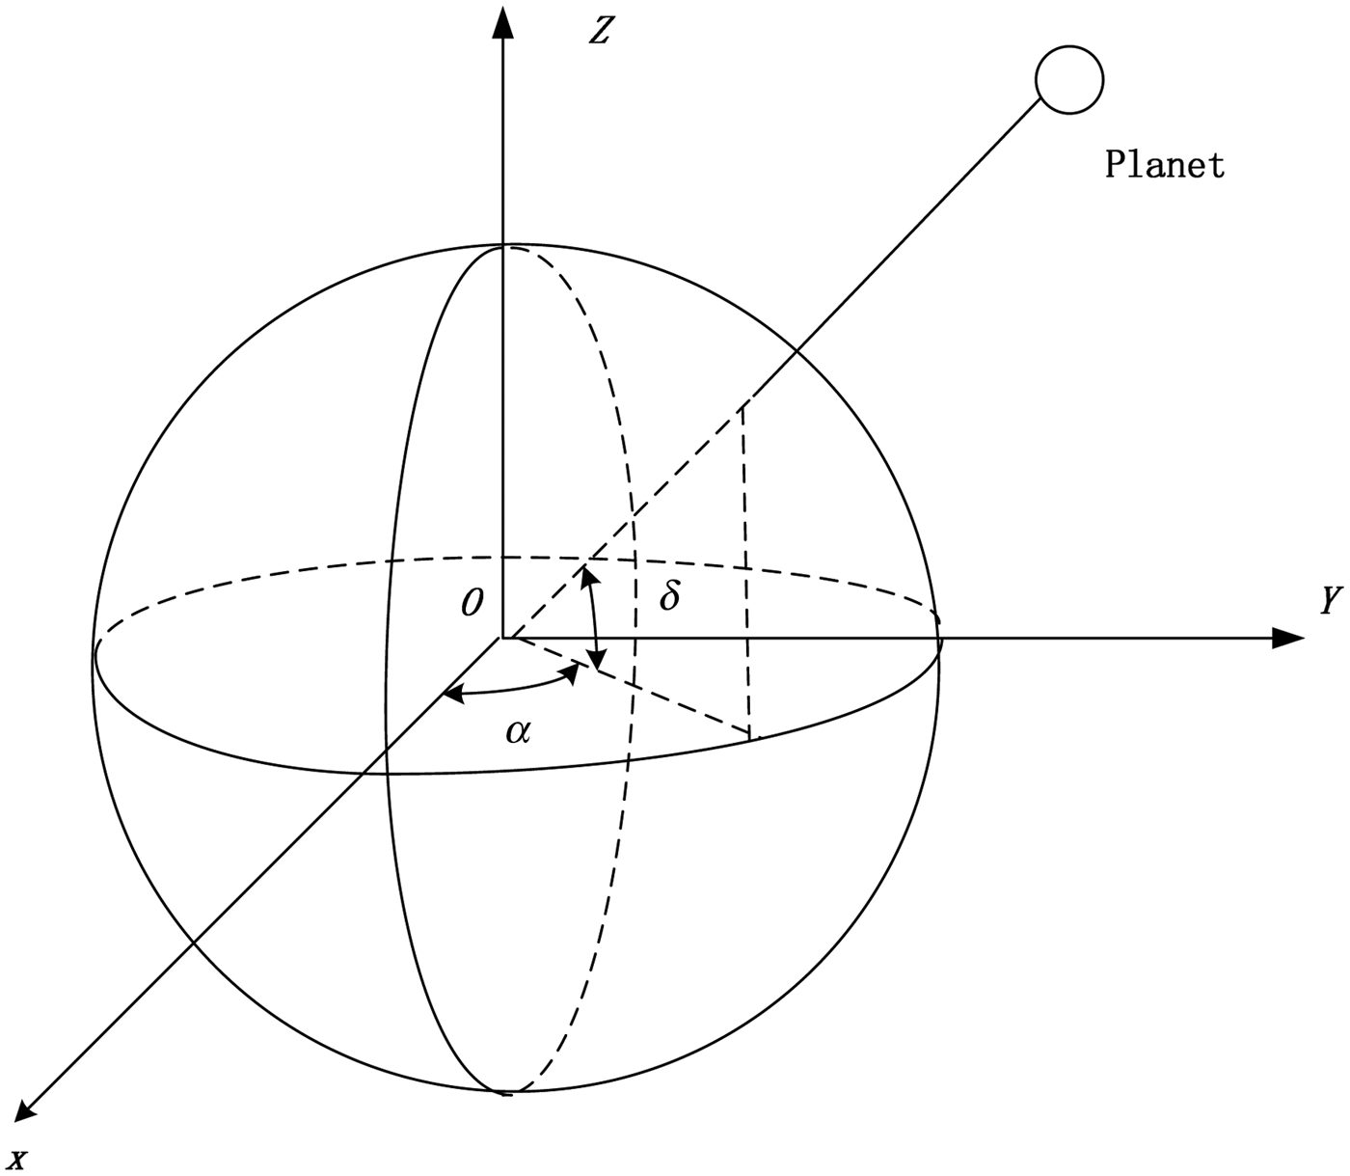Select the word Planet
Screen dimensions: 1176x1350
(1164, 164)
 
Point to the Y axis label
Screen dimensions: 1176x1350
(1330, 602)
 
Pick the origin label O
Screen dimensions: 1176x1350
(471, 603)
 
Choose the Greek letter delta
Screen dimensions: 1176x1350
(668, 596)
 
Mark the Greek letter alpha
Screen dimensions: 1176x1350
(518, 732)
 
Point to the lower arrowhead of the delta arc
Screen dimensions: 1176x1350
(598, 663)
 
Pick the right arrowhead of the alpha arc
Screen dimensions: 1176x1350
(572, 676)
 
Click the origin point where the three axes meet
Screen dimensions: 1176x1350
(501, 638)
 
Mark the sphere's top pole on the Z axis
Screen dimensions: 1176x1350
(501, 247)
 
